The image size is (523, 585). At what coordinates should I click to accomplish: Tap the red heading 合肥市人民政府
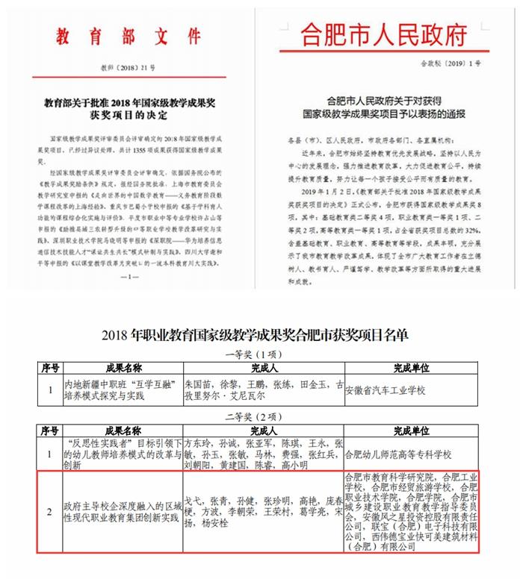[383, 34]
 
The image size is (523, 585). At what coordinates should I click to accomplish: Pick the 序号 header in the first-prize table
[49, 368]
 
